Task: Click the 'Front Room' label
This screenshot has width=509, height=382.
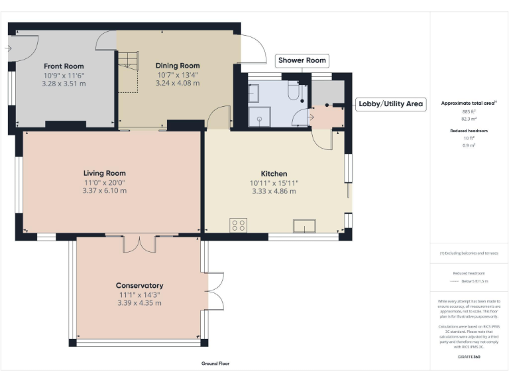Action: [64, 66]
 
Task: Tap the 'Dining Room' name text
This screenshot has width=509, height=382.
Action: [178, 66]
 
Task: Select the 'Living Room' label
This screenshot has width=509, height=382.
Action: [104, 172]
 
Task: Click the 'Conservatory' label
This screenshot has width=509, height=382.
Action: [140, 286]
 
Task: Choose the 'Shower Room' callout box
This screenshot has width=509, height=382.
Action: [302, 60]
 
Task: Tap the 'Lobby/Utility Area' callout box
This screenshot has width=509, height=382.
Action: [390, 104]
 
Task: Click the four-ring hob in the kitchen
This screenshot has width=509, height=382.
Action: [239, 225]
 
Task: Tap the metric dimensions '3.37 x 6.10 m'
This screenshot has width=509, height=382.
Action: [104, 191]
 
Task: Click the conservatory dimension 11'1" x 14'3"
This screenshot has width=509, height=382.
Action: [140, 294]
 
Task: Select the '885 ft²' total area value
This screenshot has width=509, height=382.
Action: [469, 111]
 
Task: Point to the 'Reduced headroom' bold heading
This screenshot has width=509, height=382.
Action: [469, 131]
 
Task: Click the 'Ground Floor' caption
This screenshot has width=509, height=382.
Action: [215, 363]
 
